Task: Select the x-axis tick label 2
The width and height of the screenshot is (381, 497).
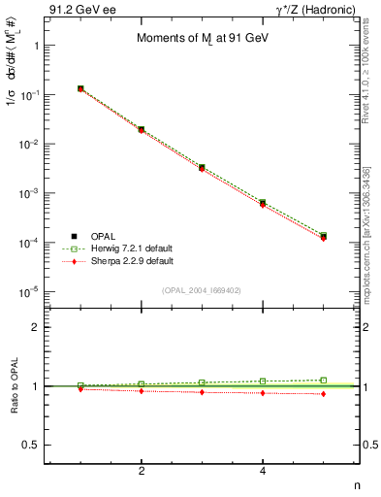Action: tap(142, 472)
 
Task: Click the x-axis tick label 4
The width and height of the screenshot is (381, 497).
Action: tap(263, 472)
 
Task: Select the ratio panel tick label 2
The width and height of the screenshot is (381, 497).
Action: tap(36, 327)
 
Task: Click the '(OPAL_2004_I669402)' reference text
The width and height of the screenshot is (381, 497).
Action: tap(201, 289)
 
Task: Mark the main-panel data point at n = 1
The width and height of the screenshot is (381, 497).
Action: tap(80, 88)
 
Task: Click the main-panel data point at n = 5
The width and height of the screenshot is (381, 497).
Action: tap(323, 236)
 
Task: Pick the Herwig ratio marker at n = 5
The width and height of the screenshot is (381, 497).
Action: tap(323, 381)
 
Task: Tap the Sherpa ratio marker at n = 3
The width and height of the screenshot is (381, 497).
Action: tap(202, 392)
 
